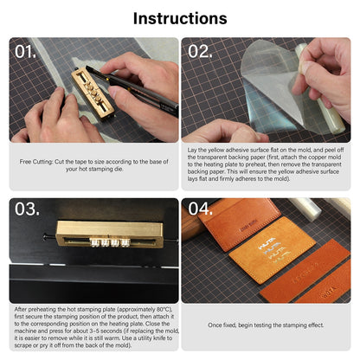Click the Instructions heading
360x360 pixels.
pyautogui.click(x=180, y=18)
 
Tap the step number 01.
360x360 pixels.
pyautogui.click(x=25, y=52)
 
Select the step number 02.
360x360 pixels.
pyautogui.click(x=200, y=52)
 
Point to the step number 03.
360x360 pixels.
pyautogui.click(x=27, y=209)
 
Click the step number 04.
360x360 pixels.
pyautogui.click(x=201, y=209)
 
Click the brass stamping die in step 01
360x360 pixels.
pyautogui.click(x=93, y=93)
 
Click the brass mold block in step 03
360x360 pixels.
pyautogui.click(x=109, y=234)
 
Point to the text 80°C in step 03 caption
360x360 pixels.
pyautogui.click(x=164, y=310)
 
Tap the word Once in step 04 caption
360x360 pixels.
pyautogui.click(x=215, y=325)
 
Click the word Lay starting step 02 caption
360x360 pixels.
pyautogui.click(x=192, y=151)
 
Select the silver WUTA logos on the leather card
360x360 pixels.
pyautogui.click(x=273, y=250)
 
